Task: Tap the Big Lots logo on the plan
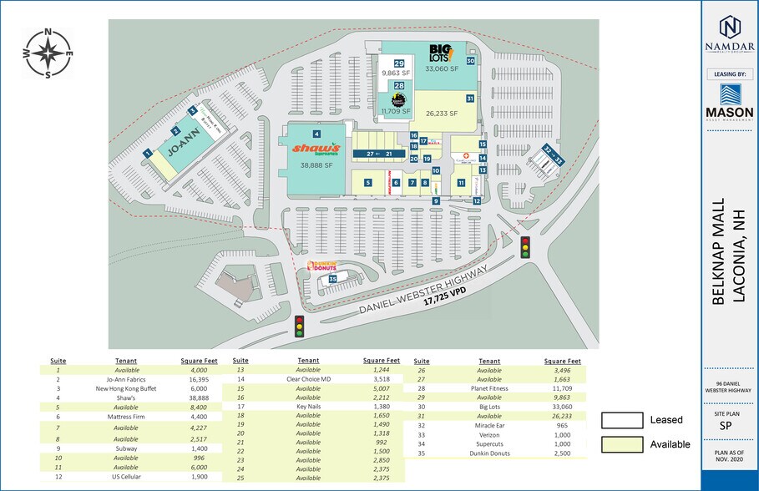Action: (441, 53)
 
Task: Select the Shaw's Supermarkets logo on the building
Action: (316, 149)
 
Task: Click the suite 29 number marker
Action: (400, 64)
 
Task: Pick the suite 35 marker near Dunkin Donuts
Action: (332, 279)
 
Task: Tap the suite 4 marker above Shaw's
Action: (316, 134)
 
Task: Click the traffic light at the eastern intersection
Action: (525, 246)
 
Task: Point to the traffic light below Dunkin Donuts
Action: (300, 326)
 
